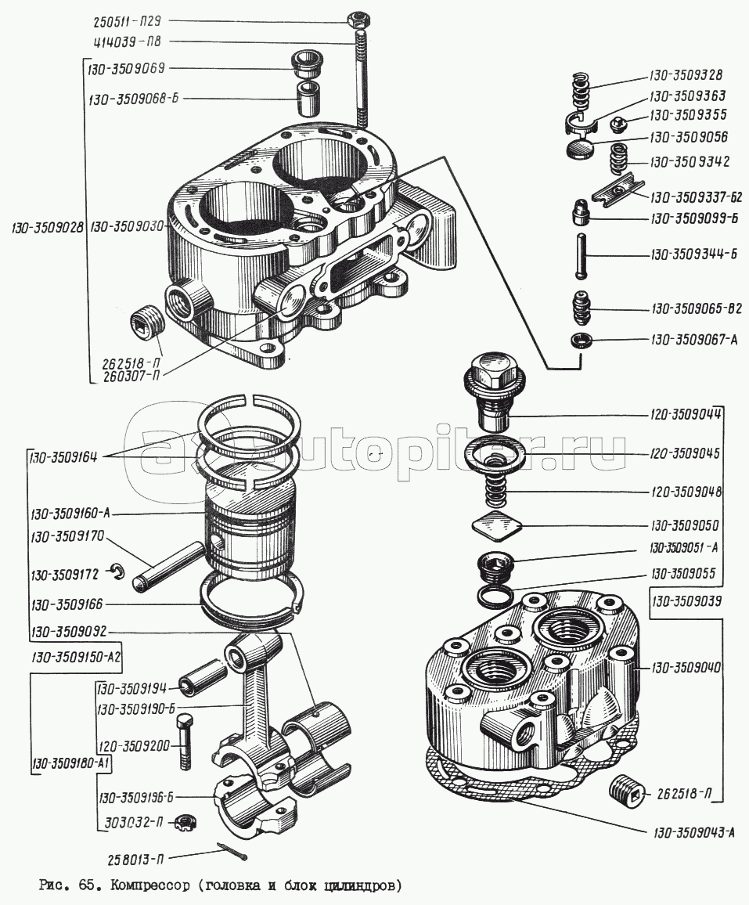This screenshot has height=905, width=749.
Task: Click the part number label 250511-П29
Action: [x=135, y=22]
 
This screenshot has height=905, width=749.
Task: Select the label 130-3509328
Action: [x=686, y=76]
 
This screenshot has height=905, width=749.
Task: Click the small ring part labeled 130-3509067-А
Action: [x=580, y=340]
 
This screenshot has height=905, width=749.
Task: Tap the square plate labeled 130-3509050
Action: [x=496, y=526]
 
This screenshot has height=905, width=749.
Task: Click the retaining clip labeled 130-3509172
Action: [x=117, y=573]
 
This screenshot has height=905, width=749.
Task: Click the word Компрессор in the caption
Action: [x=149, y=886]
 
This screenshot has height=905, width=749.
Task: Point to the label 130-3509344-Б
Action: [x=693, y=255]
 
